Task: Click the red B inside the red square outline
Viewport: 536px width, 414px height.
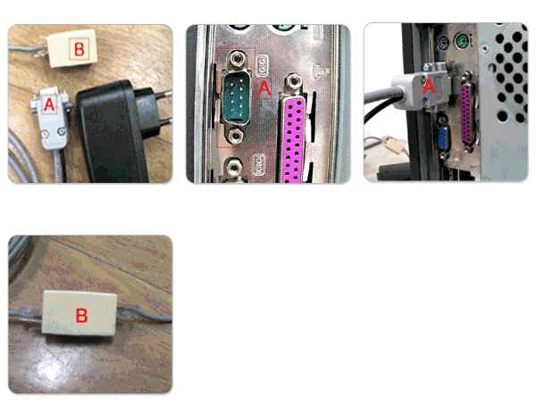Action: (79, 49)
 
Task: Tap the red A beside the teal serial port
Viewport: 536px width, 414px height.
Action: (264, 88)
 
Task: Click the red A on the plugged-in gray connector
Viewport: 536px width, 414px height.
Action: (428, 86)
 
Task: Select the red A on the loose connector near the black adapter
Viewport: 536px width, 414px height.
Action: (49, 104)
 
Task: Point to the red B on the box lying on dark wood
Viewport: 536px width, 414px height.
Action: (81, 315)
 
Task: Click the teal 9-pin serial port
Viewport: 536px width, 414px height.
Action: (236, 98)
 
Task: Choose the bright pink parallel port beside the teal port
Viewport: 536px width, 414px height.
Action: (293, 140)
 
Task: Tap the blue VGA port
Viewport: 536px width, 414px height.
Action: (443, 137)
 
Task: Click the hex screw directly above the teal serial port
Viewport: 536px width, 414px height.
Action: (236, 59)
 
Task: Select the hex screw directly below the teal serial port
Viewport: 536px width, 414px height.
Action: (236, 137)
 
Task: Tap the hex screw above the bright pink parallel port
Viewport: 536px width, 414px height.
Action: (292, 81)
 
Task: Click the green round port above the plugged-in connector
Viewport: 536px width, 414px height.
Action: (462, 42)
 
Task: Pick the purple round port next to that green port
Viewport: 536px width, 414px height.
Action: (443, 44)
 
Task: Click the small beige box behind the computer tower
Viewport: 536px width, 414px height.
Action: (394, 145)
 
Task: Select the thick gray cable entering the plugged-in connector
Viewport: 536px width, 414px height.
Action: (378, 95)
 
